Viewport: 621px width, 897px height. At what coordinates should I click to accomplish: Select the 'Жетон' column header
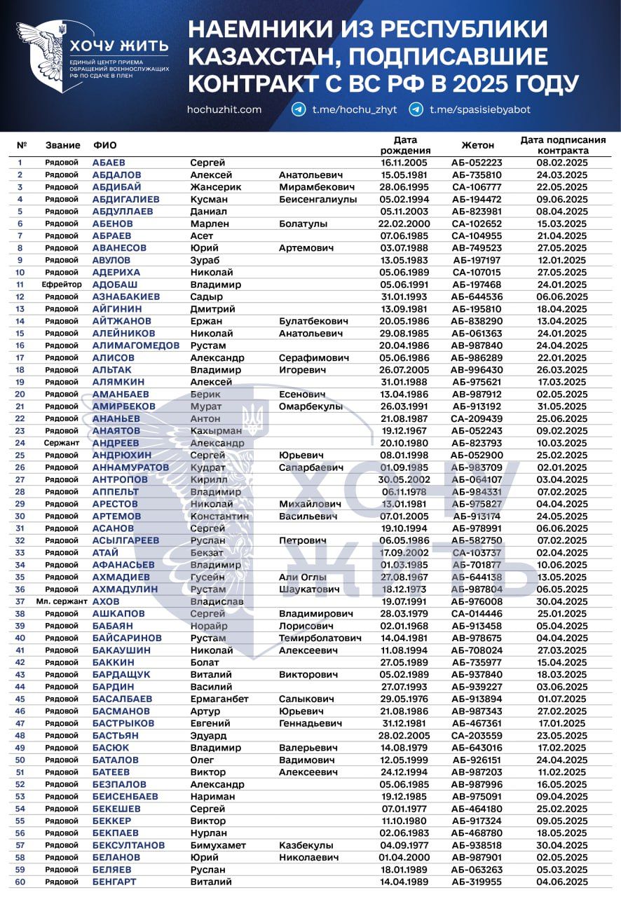point(477,145)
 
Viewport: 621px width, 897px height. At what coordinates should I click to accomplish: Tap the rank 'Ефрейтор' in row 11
point(62,285)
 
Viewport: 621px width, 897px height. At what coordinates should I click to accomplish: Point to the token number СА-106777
point(477,187)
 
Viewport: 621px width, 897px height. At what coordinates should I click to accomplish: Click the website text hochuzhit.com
point(224,109)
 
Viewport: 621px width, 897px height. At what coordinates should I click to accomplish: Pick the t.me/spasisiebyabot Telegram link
point(479,109)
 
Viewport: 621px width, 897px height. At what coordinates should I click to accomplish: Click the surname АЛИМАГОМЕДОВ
point(136,345)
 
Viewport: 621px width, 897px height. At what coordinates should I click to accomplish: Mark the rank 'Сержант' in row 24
point(62,443)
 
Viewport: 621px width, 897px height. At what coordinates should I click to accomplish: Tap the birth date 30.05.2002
point(405,479)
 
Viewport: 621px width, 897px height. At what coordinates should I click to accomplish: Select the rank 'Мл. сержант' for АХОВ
point(62,601)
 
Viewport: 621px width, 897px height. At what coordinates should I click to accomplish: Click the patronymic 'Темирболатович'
point(320,638)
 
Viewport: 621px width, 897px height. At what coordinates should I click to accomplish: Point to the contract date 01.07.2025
point(562,699)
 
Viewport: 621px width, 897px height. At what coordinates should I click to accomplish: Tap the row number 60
point(20,882)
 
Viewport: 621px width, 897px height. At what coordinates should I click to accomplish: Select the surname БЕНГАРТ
point(114,882)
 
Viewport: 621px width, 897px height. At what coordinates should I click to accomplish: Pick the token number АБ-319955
point(477,882)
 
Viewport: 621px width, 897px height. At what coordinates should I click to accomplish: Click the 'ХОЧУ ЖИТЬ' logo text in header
point(118,47)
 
